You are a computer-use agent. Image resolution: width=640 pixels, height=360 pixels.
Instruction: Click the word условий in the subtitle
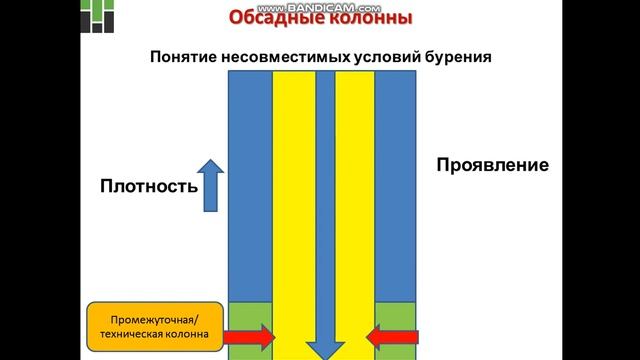pyautogui.click(x=380, y=57)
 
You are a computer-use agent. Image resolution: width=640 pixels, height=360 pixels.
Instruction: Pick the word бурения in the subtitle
pyautogui.click(x=455, y=57)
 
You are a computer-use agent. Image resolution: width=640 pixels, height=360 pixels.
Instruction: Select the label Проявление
pyautogui.click(x=492, y=165)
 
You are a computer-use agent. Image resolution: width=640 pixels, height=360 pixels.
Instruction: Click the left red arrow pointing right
pyautogui.click(x=251, y=338)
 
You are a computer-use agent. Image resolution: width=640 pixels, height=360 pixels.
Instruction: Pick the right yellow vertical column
pyautogui.click(x=355, y=200)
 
